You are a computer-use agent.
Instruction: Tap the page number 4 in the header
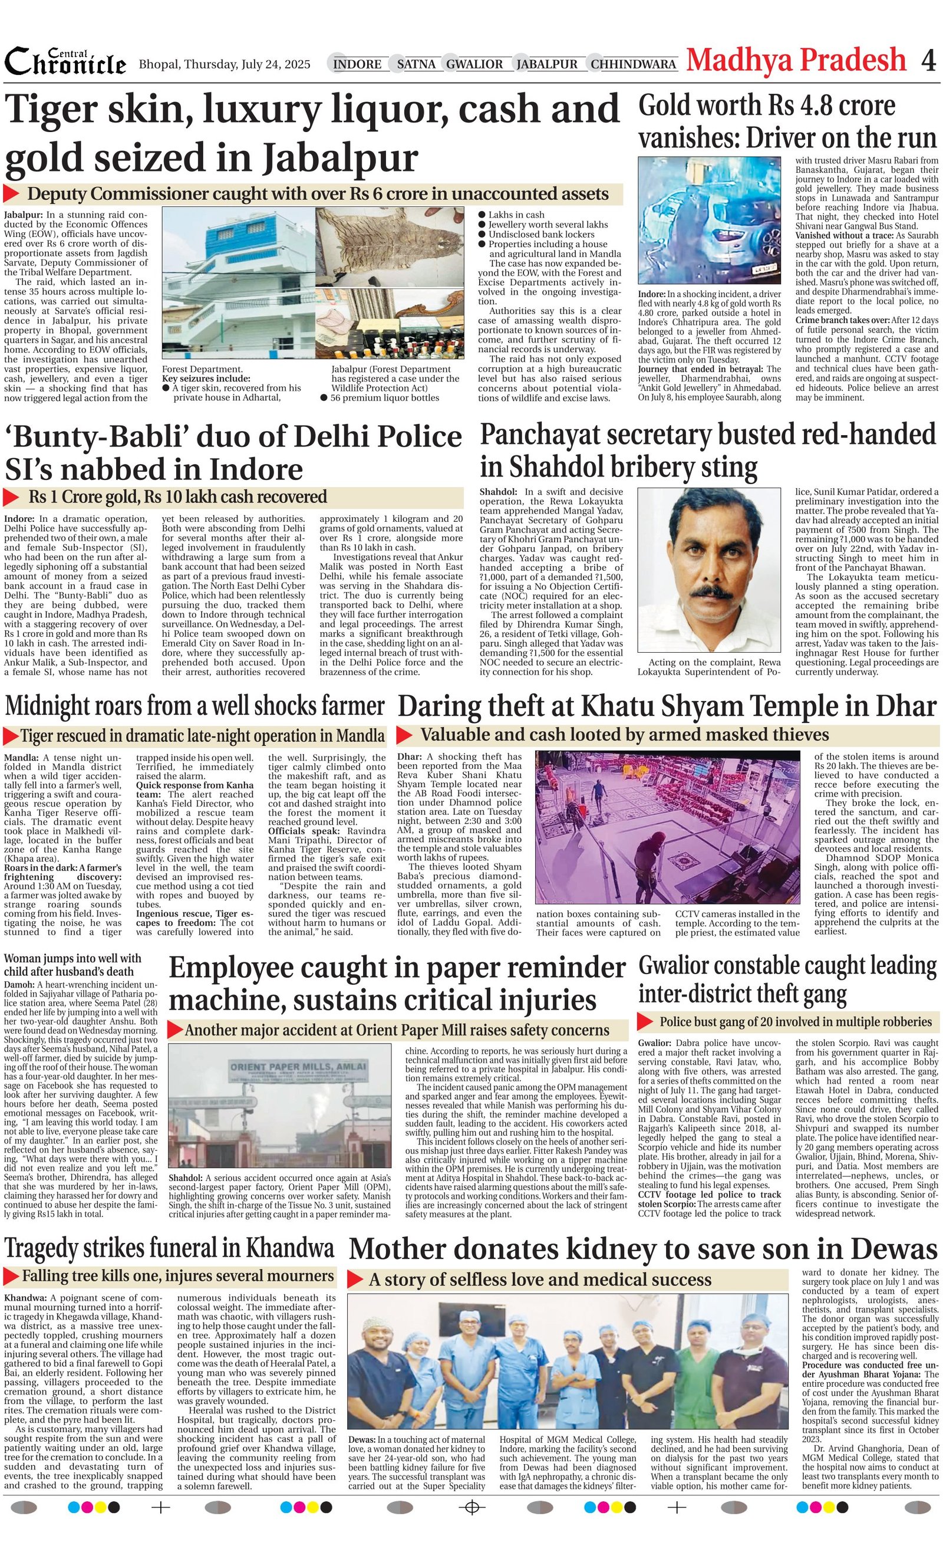tap(928, 61)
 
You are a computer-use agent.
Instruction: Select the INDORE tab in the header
tap(357, 64)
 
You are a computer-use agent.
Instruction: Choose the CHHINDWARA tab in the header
tap(633, 64)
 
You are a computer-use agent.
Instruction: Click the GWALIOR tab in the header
tap(474, 64)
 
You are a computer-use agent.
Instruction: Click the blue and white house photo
tap(237, 284)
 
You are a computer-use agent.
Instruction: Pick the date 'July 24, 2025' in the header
tap(276, 64)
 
